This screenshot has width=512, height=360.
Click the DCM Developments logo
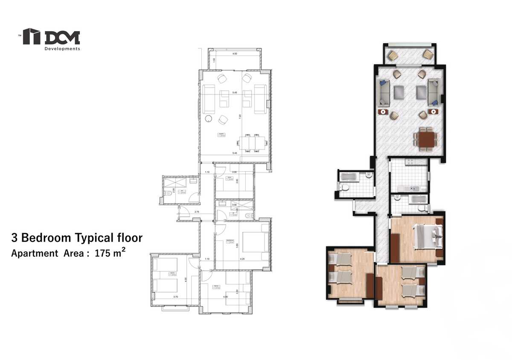coord(51,39)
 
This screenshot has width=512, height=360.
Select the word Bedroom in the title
coord(46,237)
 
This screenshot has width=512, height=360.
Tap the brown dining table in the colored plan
coord(426,139)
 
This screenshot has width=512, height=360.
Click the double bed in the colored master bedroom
coord(425,236)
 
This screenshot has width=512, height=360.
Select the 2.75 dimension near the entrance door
coord(197,212)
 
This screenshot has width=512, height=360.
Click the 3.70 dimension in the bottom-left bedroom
coord(175,296)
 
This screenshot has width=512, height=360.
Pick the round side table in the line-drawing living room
coord(209,119)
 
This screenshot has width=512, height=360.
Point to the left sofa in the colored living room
coord(383,92)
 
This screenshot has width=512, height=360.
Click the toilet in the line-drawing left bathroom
coord(169,193)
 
